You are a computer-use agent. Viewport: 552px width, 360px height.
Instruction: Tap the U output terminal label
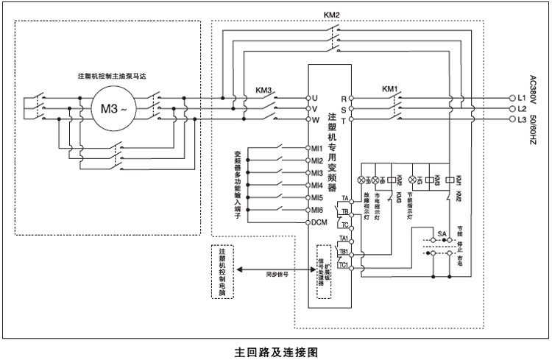[314, 97]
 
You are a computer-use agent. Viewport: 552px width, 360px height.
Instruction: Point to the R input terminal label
[343, 97]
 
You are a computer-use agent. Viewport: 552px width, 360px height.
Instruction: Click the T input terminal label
[343, 119]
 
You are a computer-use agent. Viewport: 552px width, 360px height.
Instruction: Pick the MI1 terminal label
[317, 148]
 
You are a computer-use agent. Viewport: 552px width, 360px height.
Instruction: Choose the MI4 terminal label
[317, 185]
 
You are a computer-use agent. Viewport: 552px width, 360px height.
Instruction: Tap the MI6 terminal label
[317, 210]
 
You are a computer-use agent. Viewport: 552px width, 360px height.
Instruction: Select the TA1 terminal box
[344, 239]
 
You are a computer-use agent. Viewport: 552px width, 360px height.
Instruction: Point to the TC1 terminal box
[344, 264]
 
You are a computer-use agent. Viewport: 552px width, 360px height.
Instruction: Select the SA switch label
[442, 233]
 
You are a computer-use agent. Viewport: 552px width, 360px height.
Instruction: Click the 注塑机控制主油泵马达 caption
[109, 77]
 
